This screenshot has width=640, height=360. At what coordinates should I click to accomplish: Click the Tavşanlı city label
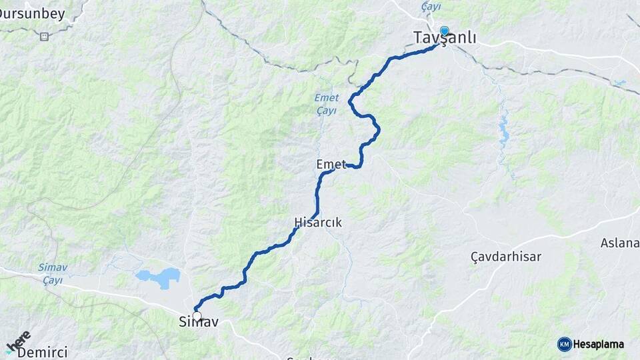point(445,39)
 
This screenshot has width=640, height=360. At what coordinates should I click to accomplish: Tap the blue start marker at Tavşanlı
point(444,31)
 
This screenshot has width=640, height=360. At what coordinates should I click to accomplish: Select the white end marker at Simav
point(197,316)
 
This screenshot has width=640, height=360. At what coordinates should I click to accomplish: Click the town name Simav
point(198,323)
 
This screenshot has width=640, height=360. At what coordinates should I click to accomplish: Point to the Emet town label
point(331,164)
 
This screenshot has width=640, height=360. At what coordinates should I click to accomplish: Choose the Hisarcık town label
point(318,223)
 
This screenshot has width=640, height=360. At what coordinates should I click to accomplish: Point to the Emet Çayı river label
point(326,103)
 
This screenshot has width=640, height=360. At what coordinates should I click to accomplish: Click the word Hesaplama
point(598,345)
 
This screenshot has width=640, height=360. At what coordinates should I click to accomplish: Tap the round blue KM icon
point(564,344)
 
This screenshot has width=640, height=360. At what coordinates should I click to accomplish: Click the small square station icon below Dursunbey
point(44,36)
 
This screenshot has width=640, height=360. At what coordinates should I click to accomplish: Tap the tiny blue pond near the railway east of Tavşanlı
point(621,83)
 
